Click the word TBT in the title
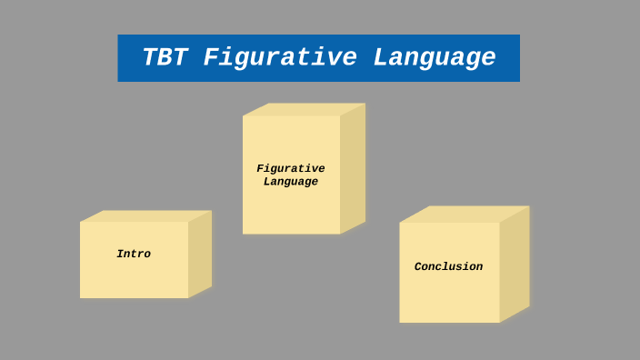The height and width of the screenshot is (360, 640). (165, 58)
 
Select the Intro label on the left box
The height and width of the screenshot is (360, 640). (134, 255)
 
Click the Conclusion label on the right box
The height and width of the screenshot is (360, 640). (448, 267)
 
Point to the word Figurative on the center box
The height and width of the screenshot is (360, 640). (291, 168)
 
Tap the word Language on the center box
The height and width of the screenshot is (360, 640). (291, 182)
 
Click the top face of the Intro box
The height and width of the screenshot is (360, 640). (145, 216)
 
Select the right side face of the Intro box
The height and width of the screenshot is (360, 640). (200, 254)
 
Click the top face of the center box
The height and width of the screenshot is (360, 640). (304, 109)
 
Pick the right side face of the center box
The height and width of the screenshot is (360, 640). (353, 168)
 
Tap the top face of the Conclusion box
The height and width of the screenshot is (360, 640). (464, 214)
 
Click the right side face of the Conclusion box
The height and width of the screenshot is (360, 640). (515, 264)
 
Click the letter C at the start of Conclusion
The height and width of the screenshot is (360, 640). (418, 267)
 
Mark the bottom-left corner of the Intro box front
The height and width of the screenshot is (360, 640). (80, 297)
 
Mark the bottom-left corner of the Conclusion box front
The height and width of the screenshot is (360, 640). (400, 322)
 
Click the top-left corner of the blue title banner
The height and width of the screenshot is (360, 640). (118, 35)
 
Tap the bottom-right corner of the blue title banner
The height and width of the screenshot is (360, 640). (519, 81)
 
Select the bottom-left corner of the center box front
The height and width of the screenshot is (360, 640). (243, 234)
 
